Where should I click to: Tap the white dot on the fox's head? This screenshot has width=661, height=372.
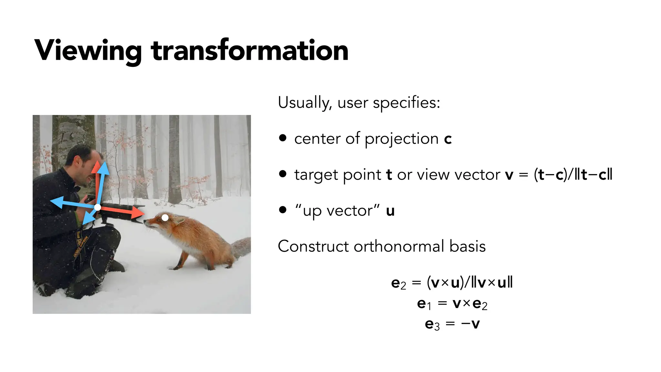(165, 218)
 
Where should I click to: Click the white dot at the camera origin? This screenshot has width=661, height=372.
(97, 207)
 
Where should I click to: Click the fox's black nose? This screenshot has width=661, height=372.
(145, 221)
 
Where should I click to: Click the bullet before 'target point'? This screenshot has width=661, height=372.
(283, 174)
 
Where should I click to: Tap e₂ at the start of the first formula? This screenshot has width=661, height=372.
(398, 283)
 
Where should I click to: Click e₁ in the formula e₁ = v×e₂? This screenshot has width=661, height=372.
(424, 304)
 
